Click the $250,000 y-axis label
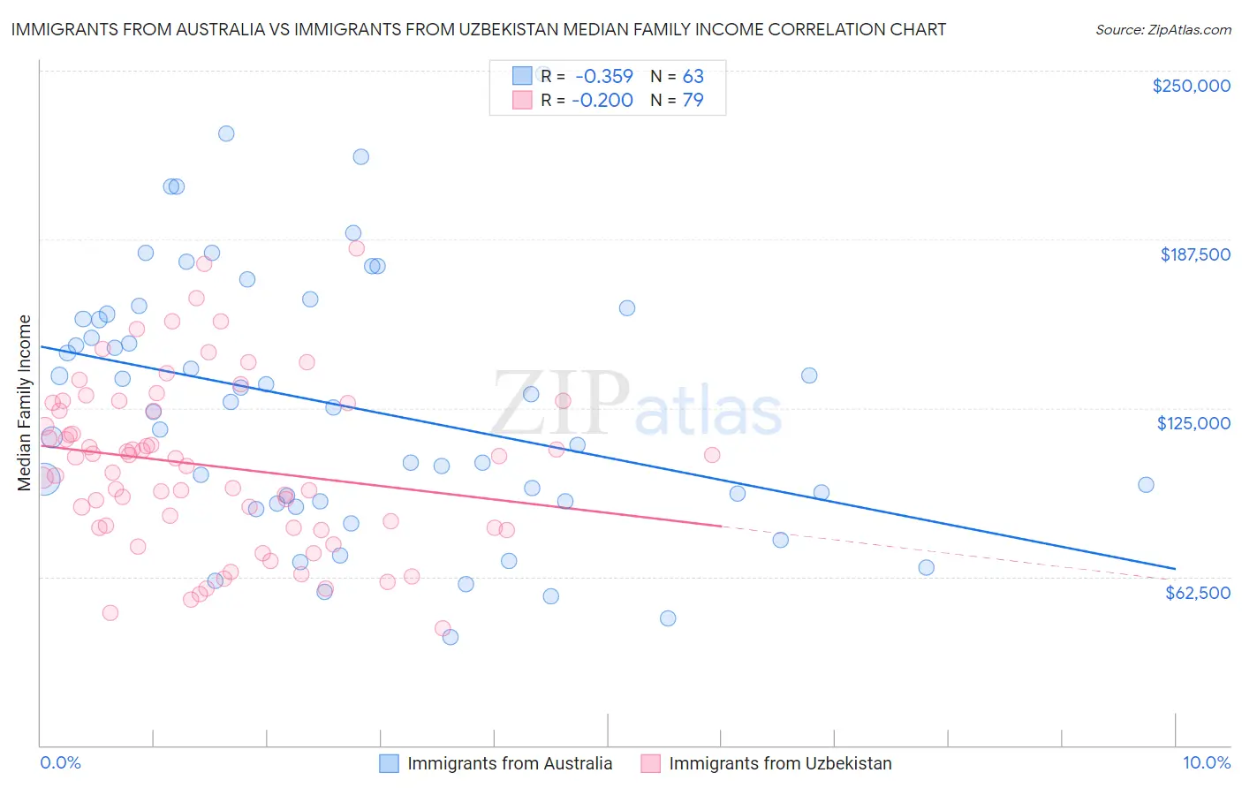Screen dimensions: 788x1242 coord(1191,86)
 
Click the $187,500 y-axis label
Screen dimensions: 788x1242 coord(1194,254)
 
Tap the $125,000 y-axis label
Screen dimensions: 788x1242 coord(1193,423)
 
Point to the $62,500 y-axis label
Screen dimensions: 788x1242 coord(1197,593)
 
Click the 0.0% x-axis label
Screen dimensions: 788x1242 coord(60,762)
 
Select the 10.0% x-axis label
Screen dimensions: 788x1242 coord(1206,762)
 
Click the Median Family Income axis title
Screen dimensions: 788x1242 coord(25,402)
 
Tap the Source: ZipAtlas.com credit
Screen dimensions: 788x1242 coord(1162,29)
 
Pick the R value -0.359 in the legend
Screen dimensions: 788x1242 coord(602,76)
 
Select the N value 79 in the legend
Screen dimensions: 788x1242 coord(693,100)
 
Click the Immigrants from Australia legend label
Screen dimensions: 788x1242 coord(510,763)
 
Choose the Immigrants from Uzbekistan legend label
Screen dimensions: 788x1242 coord(780,763)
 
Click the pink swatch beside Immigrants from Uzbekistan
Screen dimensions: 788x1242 coord(650,763)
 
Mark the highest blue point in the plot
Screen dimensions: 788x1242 coord(226,133)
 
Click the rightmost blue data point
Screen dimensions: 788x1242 coord(1146,484)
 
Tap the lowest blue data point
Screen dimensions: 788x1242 coord(451,636)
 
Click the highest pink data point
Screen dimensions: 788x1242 coord(357,248)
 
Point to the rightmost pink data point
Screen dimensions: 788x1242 coord(712,455)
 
